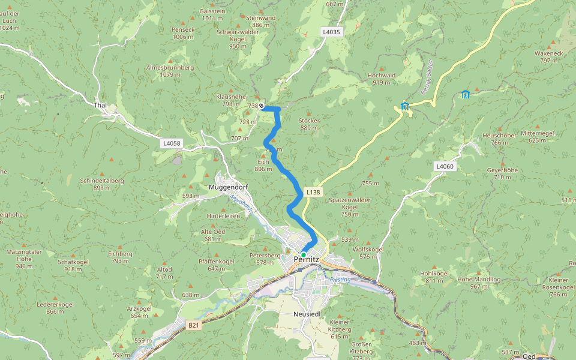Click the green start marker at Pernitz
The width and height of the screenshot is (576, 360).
point(304,255)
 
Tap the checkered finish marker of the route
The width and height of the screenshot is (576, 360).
point(262,106)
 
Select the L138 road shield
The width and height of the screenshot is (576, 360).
point(313,193)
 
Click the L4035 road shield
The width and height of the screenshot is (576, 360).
point(331,32)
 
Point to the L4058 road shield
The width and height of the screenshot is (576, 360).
point(172,143)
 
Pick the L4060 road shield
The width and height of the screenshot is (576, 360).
point(445,166)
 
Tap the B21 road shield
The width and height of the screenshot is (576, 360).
point(193,325)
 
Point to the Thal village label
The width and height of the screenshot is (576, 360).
point(100,105)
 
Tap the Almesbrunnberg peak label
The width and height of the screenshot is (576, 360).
point(170,68)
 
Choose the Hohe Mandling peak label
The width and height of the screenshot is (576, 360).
point(479,280)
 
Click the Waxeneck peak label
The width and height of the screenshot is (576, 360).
point(549,53)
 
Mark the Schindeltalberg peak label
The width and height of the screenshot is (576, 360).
point(101,181)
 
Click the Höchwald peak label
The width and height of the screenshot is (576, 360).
point(382,76)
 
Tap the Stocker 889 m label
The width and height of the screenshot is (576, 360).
point(309,121)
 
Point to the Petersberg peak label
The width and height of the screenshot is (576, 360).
point(265,255)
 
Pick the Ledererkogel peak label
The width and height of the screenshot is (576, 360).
point(55,304)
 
